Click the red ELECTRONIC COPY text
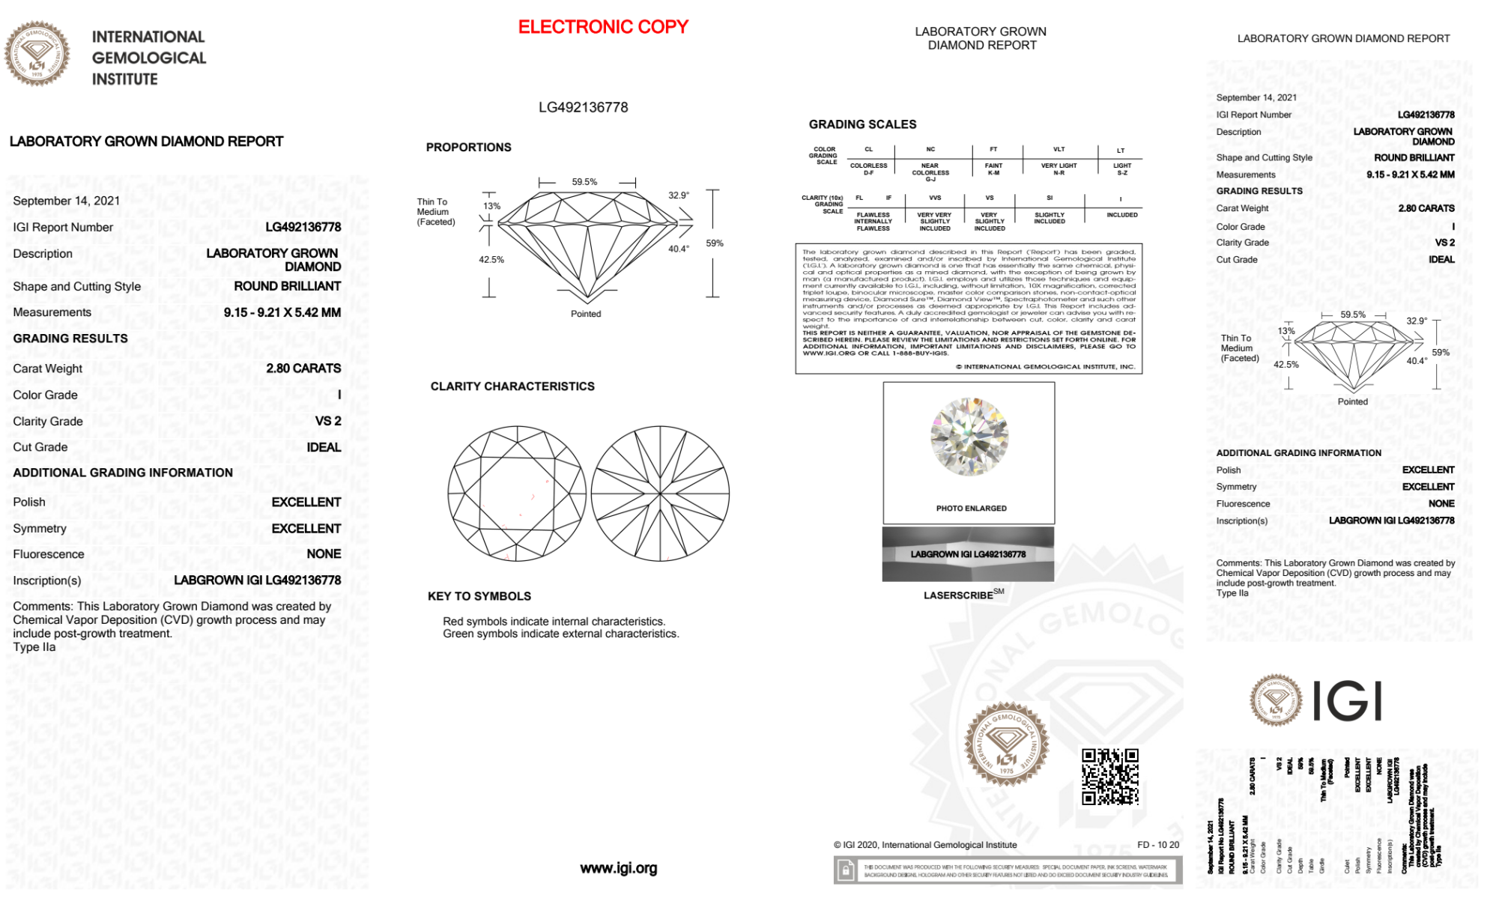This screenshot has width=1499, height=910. tap(603, 28)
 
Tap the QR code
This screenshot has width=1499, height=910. tap(1109, 776)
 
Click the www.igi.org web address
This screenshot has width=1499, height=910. tap(618, 868)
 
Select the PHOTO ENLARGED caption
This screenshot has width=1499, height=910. tap(971, 509)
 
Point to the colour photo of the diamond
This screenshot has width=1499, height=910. tap(969, 437)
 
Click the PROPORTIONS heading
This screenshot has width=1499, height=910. tap(468, 148)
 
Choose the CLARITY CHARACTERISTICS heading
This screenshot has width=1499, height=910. tap(512, 386)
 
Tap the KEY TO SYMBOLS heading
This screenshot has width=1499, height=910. tap(479, 596)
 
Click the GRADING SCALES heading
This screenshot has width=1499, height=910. tap(862, 124)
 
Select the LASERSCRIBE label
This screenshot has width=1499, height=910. tap(959, 595)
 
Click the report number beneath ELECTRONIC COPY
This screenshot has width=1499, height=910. tap(583, 107)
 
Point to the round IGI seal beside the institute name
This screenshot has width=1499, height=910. tap(37, 54)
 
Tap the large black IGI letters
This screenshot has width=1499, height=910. tap(1348, 702)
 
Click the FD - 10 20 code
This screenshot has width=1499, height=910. tap(1157, 845)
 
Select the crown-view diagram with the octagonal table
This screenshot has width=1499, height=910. tap(517, 494)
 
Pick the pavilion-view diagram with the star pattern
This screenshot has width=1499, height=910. tap(660, 494)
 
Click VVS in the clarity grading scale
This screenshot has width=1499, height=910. tap(935, 198)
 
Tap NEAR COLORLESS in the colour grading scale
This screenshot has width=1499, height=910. tap(930, 169)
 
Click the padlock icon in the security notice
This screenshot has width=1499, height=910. tap(846, 870)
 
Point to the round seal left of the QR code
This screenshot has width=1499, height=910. tap(1005, 744)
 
